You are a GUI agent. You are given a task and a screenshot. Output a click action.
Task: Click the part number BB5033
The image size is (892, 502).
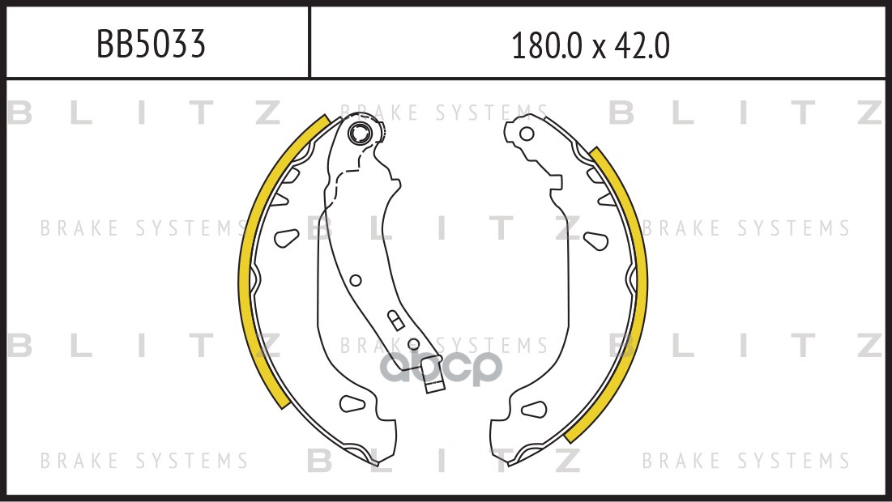click(x=151, y=45)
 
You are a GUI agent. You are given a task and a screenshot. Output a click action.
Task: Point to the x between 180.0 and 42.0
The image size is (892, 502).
click(x=599, y=49)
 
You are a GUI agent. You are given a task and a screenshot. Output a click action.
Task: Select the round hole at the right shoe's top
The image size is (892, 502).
click(x=527, y=134)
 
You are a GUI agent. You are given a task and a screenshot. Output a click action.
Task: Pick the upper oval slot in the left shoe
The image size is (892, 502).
click(x=286, y=237)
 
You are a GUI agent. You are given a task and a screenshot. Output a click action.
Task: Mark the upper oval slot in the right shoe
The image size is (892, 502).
click(x=595, y=240)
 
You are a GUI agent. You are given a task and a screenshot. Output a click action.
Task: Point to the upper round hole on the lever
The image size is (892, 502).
click(x=355, y=280)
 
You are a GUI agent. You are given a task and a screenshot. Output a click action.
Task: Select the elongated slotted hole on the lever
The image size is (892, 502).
click(x=394, y=318)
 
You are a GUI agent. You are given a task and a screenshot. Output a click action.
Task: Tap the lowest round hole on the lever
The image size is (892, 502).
click(x=413, y=344)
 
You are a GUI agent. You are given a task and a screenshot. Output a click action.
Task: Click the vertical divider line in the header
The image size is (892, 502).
click(x=309, y=43)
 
